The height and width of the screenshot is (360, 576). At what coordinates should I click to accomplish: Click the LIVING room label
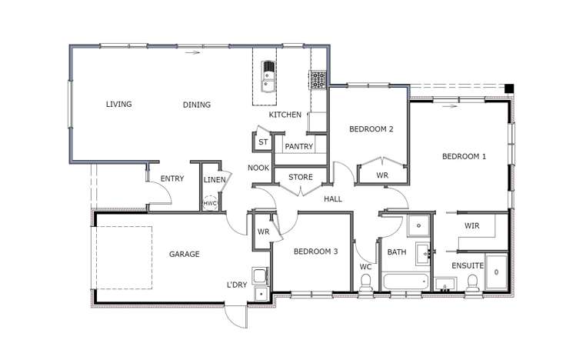(118, 105)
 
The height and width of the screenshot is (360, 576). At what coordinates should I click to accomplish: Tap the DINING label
(197, 105)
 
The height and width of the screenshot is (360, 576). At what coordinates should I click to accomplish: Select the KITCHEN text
(285, 115)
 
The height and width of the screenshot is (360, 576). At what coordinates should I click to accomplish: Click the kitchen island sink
(268, 75)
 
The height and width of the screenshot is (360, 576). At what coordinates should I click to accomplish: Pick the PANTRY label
(297, 146)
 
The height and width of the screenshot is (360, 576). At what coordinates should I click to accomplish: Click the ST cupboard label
(262, 142)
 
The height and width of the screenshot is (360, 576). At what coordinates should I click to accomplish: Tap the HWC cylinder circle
(210, 203)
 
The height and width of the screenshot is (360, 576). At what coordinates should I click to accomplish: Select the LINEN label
(215, 180)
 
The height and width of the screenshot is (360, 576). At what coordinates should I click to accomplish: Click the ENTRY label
(172, 179)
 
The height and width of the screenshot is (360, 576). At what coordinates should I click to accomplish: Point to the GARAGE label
(185, 254)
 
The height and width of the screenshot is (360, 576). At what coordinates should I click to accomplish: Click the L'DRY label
(236, 285)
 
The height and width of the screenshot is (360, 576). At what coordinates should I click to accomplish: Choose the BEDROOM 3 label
(315, 252)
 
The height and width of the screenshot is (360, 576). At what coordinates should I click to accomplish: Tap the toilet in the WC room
(365, 283)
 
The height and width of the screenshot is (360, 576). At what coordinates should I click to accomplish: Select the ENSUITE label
(468, 265)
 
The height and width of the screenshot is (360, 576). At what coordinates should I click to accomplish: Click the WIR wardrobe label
(472, 225)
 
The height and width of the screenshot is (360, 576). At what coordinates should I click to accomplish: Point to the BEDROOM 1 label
(464, 156)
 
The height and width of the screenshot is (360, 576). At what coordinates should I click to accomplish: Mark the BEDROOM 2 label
(371, 128)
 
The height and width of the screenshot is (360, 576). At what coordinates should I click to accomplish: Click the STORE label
(300, 177)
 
